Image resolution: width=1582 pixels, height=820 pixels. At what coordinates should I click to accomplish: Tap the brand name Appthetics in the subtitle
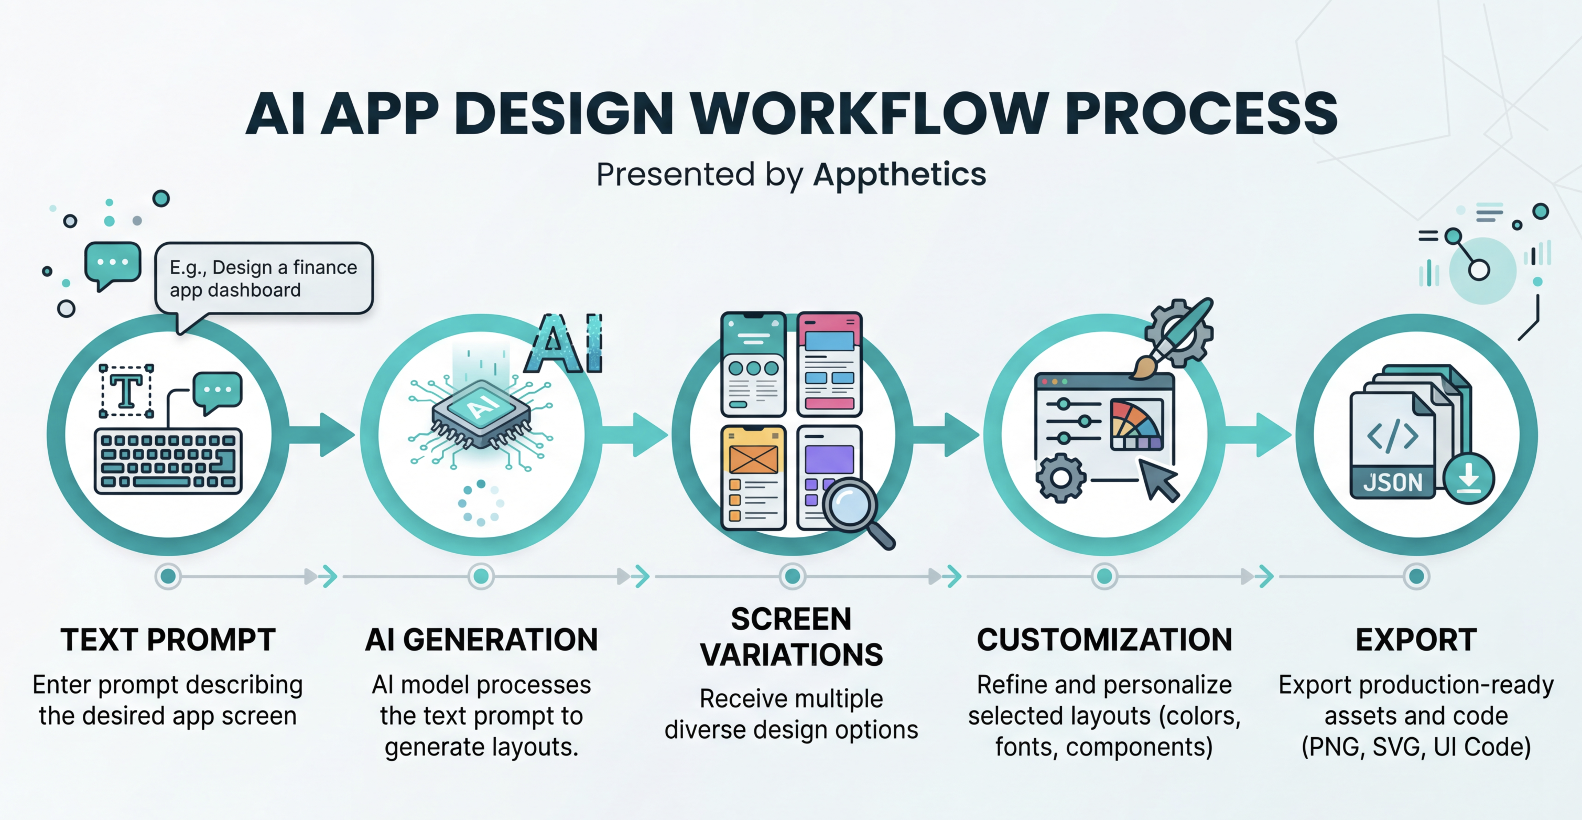point(900,175)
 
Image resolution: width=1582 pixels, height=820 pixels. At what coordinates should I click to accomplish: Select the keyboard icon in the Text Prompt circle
point(168,461)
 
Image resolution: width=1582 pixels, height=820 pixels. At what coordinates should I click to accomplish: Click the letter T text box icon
point(126,391)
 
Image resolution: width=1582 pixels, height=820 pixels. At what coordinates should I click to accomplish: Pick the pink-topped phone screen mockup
point(829,364)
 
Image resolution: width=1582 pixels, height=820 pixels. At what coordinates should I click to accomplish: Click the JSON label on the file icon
point(1393,483)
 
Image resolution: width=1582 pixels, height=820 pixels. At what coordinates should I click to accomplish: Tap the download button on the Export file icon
point(1469,479)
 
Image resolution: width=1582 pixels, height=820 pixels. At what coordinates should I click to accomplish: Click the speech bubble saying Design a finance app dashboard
point(264,279)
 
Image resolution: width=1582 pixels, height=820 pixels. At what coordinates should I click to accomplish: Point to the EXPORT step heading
point(1416,640)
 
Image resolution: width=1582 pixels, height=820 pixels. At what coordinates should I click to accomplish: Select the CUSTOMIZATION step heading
point(1104,640)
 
